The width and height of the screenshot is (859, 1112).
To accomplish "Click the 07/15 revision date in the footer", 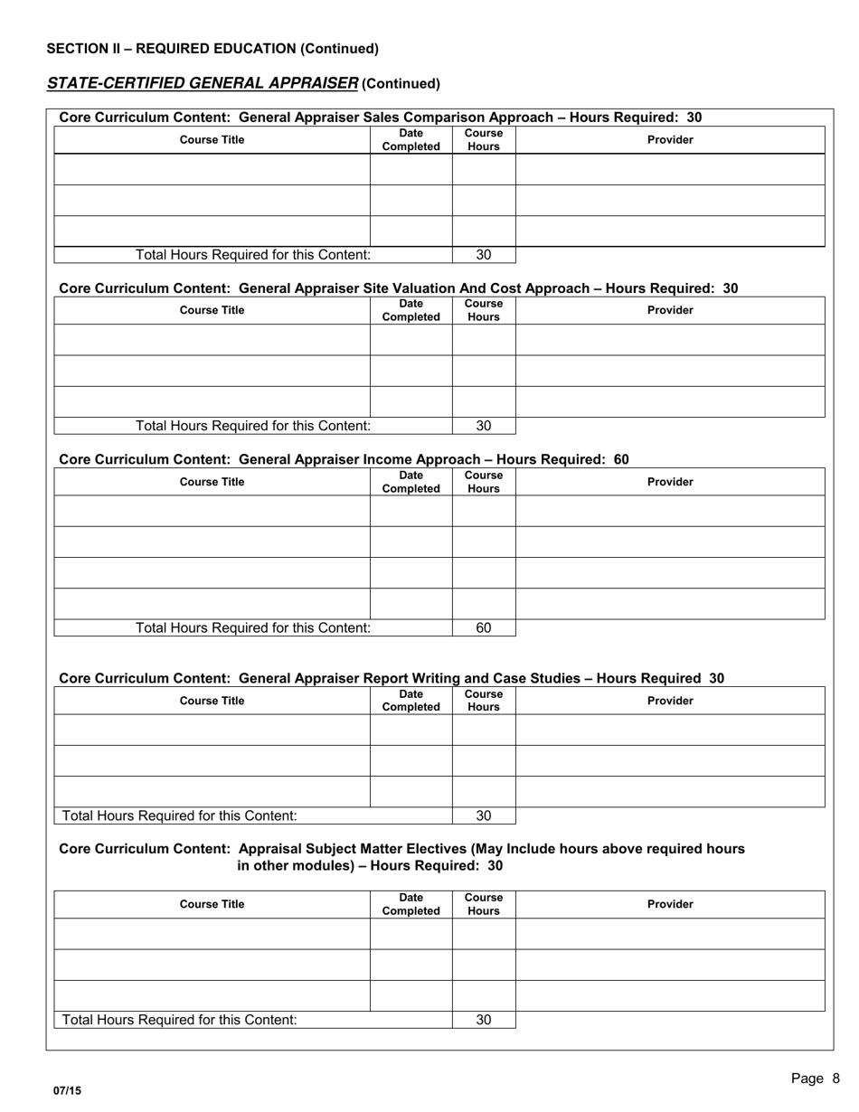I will click(67, 1091).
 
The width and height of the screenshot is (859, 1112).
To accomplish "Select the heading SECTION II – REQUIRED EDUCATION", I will click(212, 49).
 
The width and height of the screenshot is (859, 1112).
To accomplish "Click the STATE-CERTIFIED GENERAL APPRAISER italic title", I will click(203, 83).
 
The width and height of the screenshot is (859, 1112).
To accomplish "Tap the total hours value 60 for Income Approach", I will click(484, 627).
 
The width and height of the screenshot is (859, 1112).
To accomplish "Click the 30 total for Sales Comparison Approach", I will click(484, 255).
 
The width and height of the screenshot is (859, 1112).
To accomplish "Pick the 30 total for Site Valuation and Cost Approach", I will click(484, 426).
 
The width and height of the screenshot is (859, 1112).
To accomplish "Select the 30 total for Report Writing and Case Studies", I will click(484, 815).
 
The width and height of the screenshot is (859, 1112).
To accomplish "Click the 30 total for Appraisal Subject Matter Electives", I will click(484, 1020).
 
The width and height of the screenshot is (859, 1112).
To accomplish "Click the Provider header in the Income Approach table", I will click(670, 482).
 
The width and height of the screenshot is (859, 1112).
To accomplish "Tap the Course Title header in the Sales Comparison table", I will click(212, 140).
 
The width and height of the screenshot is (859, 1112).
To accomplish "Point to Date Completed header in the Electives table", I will click(411, 904).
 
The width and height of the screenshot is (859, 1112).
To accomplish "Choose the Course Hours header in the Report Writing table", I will click(484, 701).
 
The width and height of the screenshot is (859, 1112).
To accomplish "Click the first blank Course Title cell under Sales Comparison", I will click(212, 170).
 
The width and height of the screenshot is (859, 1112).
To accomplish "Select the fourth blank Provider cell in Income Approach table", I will click(670, 604).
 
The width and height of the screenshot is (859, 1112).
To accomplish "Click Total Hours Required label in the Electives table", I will click(179, 1020).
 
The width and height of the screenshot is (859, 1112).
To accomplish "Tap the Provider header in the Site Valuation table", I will click(670, 310).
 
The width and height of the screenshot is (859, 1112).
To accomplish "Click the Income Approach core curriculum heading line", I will click(344, 459).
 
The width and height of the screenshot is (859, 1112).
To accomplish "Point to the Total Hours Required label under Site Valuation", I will click(253, 426).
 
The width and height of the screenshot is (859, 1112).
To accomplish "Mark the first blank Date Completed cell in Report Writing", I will click(411, 730).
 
